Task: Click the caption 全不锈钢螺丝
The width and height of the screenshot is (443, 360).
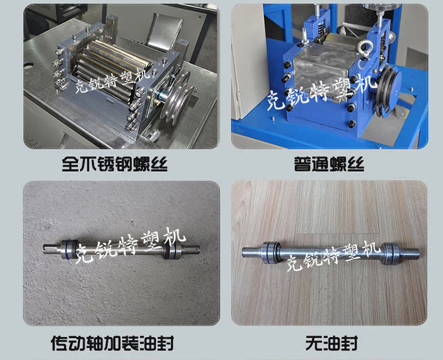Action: click(115, 164)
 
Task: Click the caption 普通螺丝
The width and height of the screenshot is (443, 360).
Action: click(329, 164)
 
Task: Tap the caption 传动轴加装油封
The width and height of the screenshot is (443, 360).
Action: click(112, 343)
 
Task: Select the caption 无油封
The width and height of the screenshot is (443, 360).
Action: click(331, 343)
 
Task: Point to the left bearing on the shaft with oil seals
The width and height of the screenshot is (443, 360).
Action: click(67, 249)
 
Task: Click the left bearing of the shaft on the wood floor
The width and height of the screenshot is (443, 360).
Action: click(270, 253)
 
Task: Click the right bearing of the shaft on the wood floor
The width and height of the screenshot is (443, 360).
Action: click(391, 253)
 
